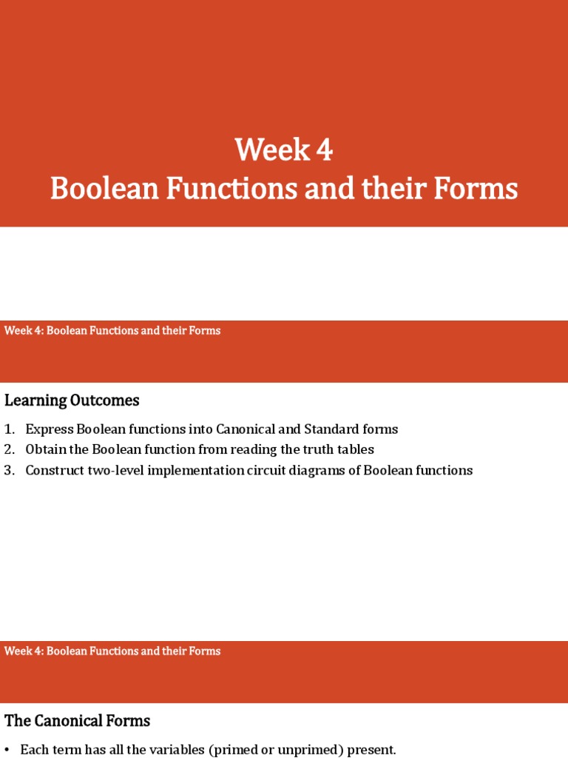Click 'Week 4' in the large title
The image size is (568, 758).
pyautogui.click(x=284, y=150)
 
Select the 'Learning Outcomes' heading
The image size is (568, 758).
pyautogui.click(x=72, y=400)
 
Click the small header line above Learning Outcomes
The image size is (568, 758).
pyautogui.click(x=112, y=330)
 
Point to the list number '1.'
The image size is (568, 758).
pyautogui.click(x=9, y=429)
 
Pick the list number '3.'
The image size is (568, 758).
pyautogui.click(x=9, y=470)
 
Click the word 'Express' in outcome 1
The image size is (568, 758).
pyautogui.click(x=47, y=429)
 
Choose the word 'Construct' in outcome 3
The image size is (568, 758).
pyautogui.click(x=54, y=470)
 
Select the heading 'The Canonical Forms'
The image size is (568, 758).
pyautogui.click(x=77, y=720)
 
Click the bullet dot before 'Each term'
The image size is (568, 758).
pyautogui.click(x=7, y=749)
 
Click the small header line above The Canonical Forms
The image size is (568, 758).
pyautogui.click(x=112, y=651)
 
